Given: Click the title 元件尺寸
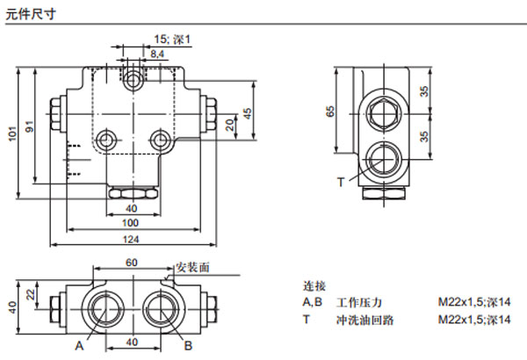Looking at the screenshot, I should click(x=25, y=11).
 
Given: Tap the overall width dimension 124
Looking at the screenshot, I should click(x=132, y=240).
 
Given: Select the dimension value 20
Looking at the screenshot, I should click(x=230, y=126).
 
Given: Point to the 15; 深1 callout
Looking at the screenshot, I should click(x=172, y=39).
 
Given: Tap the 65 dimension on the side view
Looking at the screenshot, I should click(x=330, y=111).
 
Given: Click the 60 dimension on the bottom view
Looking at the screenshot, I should click(x=132, y=263).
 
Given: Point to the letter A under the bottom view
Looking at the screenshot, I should click(x=79, y=346).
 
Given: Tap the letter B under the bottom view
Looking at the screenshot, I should click(x=188, y=346).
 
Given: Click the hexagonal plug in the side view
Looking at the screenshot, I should click(x=384, y=112).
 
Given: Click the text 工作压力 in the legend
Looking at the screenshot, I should click(x=355, y=302).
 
